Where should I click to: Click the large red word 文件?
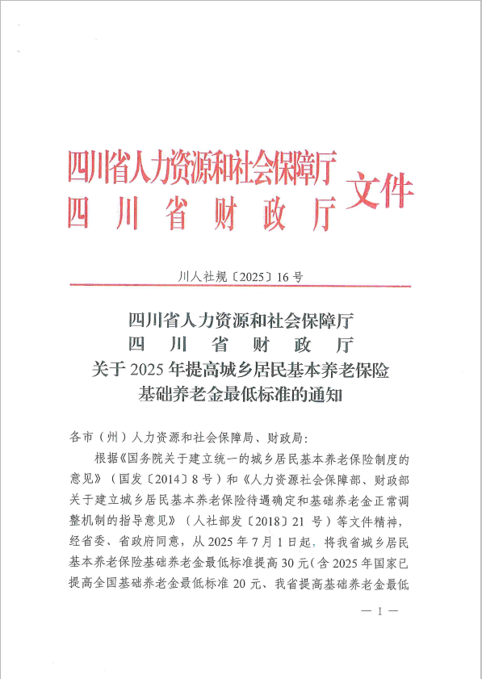(379, 192)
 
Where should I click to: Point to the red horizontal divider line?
(241, 286)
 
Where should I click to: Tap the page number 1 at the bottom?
(379, 613)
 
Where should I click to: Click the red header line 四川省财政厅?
(201, 213)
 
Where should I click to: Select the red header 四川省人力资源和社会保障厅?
(201, 170)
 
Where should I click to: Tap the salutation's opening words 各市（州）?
(96, 438)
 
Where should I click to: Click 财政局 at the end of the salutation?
(287, 438)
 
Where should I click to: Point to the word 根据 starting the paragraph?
(106, 459)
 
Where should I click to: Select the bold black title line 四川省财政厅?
(241, 345)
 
